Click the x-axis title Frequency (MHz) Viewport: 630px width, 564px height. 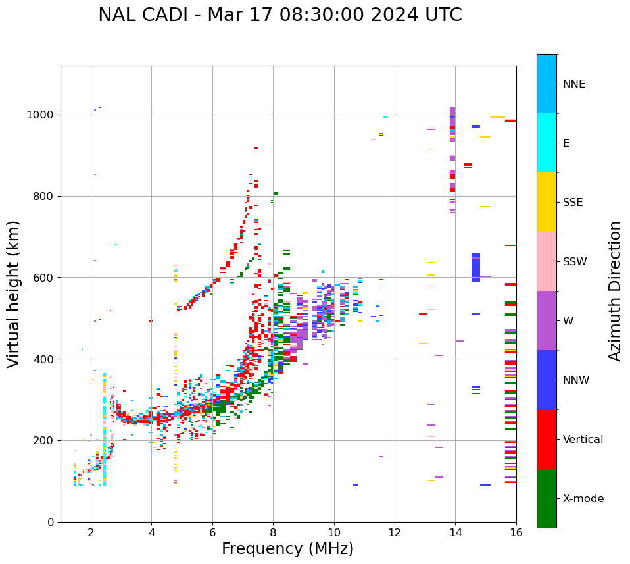(287, 549)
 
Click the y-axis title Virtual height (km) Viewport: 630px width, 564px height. (14, 294)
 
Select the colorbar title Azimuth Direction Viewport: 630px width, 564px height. (615, 291)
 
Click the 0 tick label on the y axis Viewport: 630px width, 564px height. (52, 522)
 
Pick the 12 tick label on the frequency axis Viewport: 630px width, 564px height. (395, 533)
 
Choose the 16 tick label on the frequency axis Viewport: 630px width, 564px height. (516, 533)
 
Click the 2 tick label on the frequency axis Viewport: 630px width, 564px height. (91, 533)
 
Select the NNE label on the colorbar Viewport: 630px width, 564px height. (574, 84)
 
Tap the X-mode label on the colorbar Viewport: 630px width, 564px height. (583, 499)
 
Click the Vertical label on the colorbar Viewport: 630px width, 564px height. (583, 440)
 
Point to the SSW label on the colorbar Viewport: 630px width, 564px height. (575, 262)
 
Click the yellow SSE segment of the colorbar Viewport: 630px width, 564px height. (546, 202)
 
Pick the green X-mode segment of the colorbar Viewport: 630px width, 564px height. (546, 498)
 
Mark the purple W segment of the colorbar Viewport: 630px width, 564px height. (546, 320)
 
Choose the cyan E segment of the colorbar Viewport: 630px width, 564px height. (546, 143)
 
